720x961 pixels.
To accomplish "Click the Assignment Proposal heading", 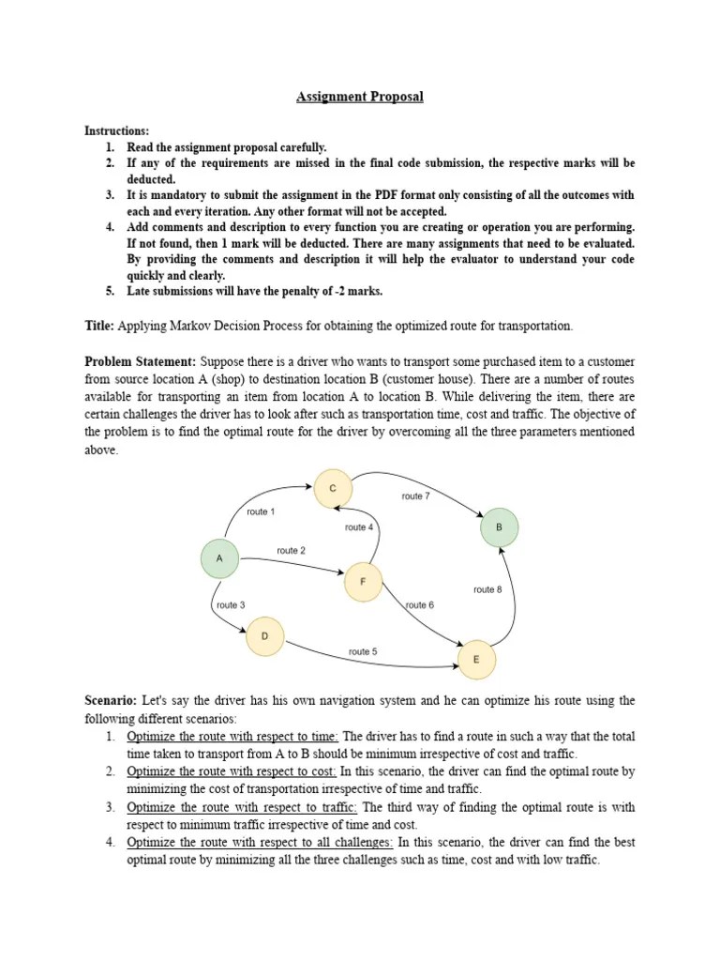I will pyautogui.click(x=360, y=97).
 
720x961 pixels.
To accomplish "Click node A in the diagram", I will pyautogui.click(x=219, y=558).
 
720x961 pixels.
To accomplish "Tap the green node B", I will pyautogui.click(x=499, y=527).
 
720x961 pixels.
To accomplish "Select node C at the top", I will pyautogui.click(x=332, y=488).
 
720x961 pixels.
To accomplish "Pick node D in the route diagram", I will pyautogui.click(x=264, y=637).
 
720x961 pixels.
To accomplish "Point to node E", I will pyautogui.click(x=476, y=660).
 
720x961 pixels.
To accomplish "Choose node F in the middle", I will pyautogui.click(x=363, y=583).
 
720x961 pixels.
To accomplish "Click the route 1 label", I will pyautogui.click(x=261, y=511).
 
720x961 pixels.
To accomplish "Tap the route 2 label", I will pyautogui.click(x=291, y=551).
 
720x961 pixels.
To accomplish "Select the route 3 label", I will pyautogui.click(x=231, y=605).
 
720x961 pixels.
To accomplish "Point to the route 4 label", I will pyautogui.click(x=359, y=527).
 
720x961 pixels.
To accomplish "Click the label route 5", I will pyautogui.click(x=363, y=651).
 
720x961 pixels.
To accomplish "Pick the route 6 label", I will pyautogui.click(x=419, y=605).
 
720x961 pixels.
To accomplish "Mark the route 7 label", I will pyautogui.click(x=415, y=496).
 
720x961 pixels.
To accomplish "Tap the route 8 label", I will pyautogui.click(x=487, y=589).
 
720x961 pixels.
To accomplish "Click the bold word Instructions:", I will pyautogui.click(x=117, y=131).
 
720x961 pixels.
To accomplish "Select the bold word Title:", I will pyautogui.click(x=100, y=325).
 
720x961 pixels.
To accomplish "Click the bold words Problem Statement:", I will pyautogui.click(x=141, y=361).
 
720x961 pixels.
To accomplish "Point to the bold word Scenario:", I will pyautogui.click(x=112, y=700).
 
